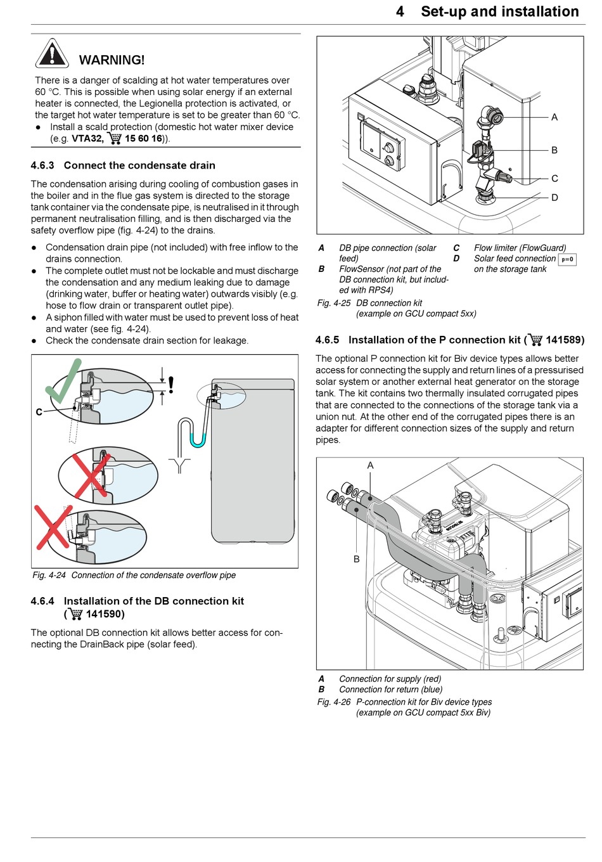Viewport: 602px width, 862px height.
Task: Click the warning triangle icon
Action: click(52, 54)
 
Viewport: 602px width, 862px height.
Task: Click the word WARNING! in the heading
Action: click(112, 60)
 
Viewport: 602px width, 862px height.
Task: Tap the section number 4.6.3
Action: click(42, 165)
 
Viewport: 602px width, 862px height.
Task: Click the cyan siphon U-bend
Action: click(198, 442)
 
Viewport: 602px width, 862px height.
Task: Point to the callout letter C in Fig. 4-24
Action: click(39, 412)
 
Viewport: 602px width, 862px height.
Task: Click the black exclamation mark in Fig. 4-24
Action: click(170, 385)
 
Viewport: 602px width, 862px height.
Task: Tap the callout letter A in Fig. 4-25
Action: click(554, 117)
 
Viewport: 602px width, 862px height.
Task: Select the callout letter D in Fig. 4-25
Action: click(554, 198)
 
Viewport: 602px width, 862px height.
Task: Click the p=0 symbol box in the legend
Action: click(567, 259)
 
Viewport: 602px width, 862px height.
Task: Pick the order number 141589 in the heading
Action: click(563, 340)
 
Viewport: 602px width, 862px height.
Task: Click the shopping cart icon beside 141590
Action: click(75, 614)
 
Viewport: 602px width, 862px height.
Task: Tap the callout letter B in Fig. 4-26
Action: click(356, 559)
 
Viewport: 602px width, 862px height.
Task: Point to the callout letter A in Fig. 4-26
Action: click(371, 465)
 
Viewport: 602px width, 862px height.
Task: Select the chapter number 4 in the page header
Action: click(400, 11)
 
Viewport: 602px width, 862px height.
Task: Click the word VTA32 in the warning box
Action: click(86, 138)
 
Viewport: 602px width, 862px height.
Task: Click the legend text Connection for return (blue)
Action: click(390, 690)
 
